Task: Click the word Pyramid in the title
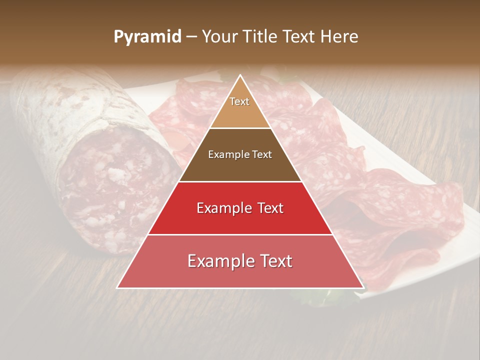tap(147, 37)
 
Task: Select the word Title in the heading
tap(260, 37)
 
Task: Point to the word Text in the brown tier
tap(261, 155)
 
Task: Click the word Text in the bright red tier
tap(270, 208)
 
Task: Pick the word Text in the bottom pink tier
tap(274, 261)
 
